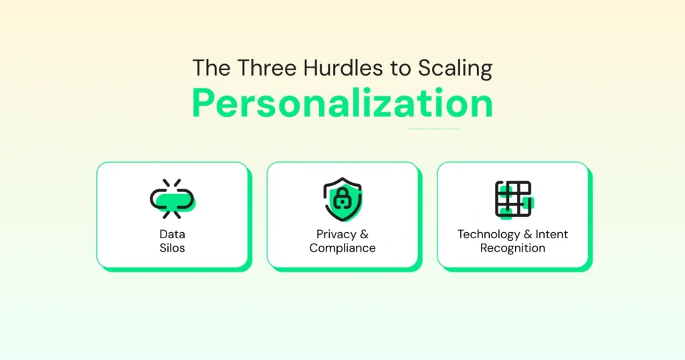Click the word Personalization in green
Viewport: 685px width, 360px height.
(342, 104)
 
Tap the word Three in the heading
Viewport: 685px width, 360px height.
(260, 68)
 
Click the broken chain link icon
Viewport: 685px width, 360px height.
(172, 199)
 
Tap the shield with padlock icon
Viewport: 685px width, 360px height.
(342, 199)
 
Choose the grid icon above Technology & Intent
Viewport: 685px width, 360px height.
(513, 199)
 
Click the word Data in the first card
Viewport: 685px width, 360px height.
(172, 234)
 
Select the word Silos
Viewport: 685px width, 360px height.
(172, 248)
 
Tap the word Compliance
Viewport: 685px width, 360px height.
(342, 248)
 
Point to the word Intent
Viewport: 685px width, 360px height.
(551, 234)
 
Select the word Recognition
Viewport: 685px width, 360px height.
(512, 248)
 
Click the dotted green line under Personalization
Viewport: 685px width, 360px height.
(433, 128)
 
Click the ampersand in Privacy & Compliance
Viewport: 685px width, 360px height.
(364, 234)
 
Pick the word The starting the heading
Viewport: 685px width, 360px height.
(207, 68)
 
